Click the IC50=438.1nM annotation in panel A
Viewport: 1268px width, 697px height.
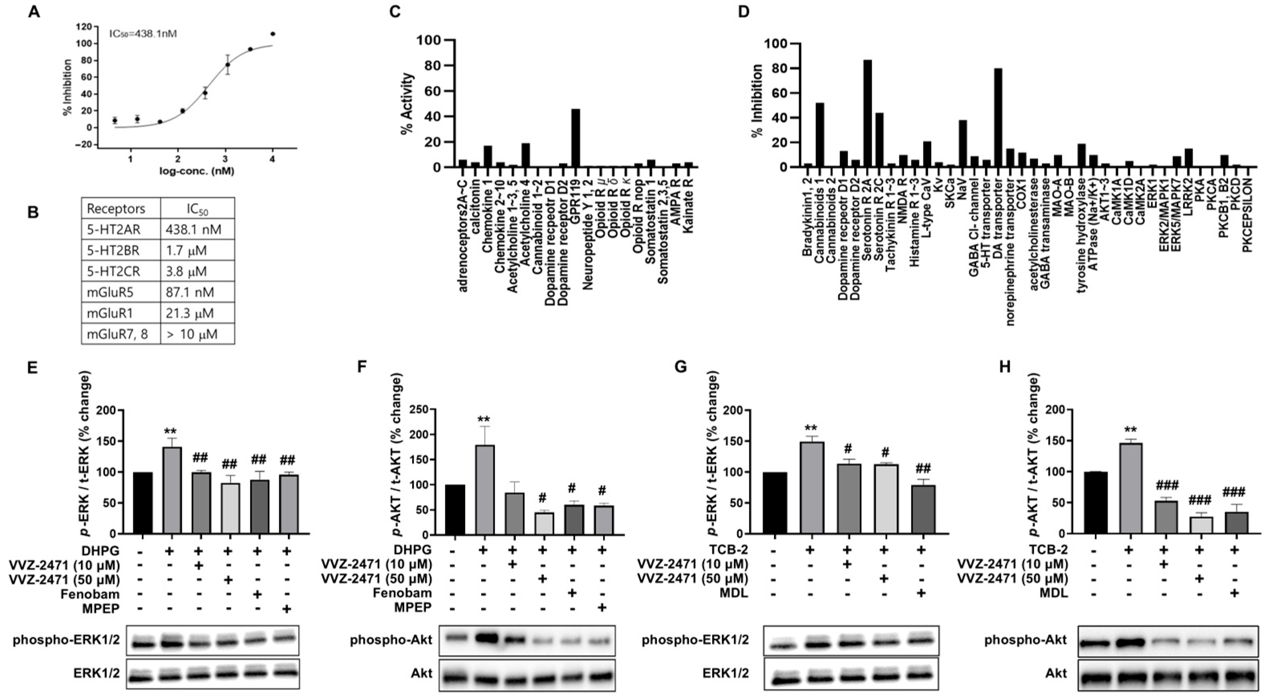(x=143, y=34)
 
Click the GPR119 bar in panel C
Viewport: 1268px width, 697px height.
(x=575, y=139)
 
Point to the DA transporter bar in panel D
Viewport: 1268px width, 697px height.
(x=998, y=118)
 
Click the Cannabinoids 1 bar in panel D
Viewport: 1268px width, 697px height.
(x=820, y=136)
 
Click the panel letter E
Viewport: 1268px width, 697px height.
(x=32, y=368)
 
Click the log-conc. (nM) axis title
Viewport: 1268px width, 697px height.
(x=196, y=171)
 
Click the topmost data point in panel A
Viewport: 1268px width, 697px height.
(x=272, y=34)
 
